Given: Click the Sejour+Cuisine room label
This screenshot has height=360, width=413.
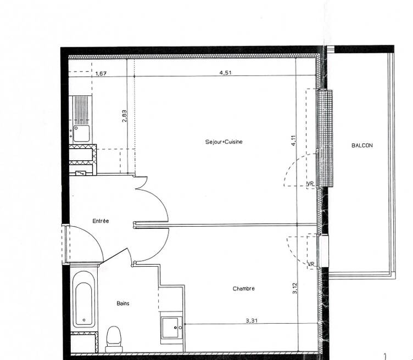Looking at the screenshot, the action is coord(224,142).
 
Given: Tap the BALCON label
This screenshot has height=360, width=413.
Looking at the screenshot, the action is coord(362,145).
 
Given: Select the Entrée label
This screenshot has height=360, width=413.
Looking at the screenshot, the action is coord(101,221).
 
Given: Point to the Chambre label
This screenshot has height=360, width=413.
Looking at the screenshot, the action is coord(244,289).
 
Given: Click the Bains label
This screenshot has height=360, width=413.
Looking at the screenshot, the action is coord(123,303).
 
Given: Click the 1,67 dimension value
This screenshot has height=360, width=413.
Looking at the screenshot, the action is coord(101,74).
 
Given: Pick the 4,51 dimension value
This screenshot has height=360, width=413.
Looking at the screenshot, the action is coord(226,72).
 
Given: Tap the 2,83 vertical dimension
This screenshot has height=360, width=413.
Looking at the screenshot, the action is coord(125,116).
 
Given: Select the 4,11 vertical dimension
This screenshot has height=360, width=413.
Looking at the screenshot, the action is coord(294,140).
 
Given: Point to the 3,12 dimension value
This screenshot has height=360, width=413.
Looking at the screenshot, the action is coord(295,288).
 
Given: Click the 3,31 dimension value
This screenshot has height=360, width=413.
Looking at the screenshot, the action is coord(252,321).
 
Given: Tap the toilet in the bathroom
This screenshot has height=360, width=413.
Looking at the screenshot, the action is coord(114,339).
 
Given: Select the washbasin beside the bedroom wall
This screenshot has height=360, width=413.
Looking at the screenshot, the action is coord(170,328).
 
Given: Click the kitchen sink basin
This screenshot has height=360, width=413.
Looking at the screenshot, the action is coord(81,133).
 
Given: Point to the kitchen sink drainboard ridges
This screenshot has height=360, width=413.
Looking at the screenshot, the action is coord(81,110).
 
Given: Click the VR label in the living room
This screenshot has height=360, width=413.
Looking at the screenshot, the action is coord(310,184).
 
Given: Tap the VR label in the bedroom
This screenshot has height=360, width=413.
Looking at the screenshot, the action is coord(311,264).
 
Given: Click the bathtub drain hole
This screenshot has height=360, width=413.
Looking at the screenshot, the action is coord(84,320).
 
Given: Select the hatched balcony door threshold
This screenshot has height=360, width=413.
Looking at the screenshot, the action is coord(326,138).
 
